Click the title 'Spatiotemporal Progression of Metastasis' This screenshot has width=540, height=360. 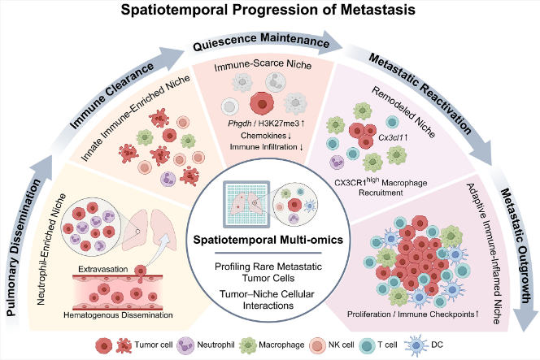click(268, 9)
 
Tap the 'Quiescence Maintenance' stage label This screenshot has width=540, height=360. click(261, 41)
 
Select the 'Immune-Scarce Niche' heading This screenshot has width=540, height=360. click(263, 65)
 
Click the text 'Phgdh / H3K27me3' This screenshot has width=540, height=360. click(263, 124)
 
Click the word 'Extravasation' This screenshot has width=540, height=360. click(102, 269)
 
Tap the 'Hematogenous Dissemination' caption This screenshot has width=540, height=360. click(118, 315)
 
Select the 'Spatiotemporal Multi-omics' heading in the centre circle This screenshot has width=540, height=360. click(268, 240)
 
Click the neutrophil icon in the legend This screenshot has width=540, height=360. click(186, 345)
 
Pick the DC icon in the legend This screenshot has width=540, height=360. click(416, 345)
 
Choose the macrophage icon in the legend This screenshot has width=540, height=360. click(248, 345)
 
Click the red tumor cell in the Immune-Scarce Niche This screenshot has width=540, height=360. click(262, 103)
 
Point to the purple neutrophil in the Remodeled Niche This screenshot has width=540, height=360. click(337, 163)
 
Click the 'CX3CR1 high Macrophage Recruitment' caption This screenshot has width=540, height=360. click(381, 187)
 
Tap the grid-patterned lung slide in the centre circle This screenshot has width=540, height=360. click(246, 205)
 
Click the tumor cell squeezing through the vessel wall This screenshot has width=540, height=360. click(141, 273)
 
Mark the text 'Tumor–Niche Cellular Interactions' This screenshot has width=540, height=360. click(268, 300)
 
